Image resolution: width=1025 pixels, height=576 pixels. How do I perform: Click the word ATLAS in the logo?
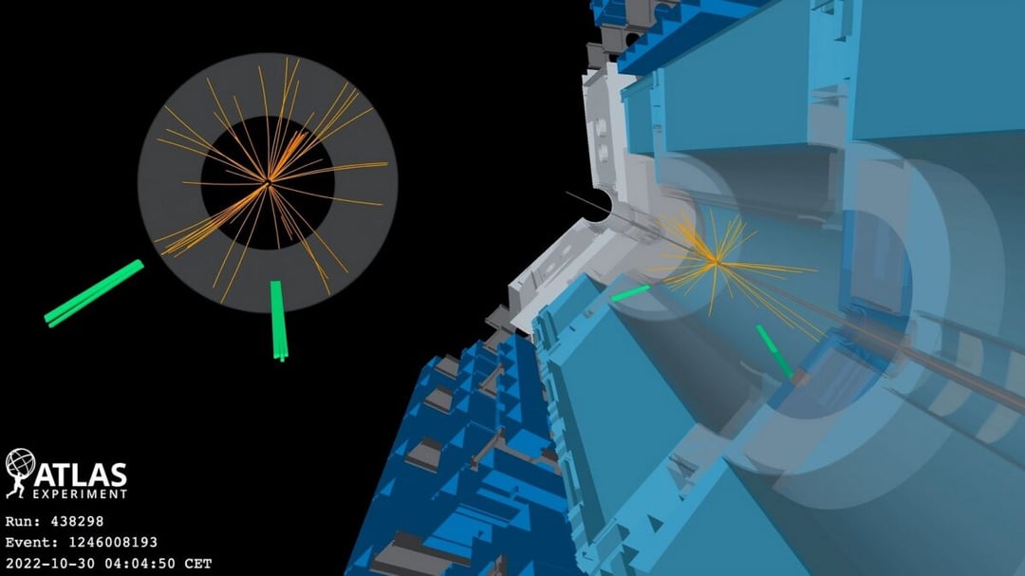pos(80,474)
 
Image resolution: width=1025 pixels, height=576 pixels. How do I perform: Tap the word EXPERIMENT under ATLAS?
pos(80,494)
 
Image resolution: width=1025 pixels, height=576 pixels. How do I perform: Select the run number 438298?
pos(77,521)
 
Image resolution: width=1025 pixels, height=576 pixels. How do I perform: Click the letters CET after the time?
pos(198,563)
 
